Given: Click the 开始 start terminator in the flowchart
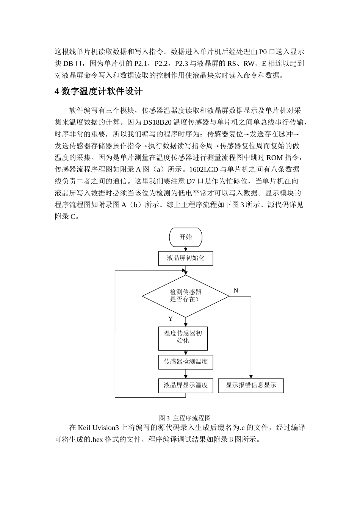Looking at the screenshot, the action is (185, 237).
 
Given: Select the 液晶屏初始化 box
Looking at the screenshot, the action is (185, 258).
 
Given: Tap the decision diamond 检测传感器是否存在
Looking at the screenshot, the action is (185, 296).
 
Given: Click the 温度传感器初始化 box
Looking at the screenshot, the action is (183, 337).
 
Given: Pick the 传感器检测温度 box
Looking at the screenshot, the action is (185, 362).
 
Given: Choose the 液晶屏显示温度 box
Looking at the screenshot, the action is (185, 385).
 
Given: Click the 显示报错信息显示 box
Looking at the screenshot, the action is (251, 385).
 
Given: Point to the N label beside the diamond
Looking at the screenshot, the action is (236, 290).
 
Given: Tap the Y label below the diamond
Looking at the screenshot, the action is (171, 319).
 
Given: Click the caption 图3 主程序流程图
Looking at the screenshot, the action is (185, 418).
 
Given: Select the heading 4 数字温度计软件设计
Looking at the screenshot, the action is (99, 92).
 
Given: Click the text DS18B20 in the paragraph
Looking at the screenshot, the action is (158, 122).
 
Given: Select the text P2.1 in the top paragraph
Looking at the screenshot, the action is (141, 63).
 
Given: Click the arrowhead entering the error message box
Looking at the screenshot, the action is (251, 377).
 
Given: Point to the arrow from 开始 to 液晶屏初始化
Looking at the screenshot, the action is (185, 249).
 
